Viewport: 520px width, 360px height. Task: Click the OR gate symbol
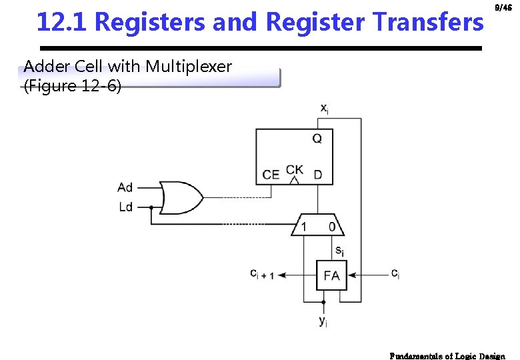point(181,197)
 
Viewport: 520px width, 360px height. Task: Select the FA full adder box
point(331,275)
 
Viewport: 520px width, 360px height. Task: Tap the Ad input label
point(125,187)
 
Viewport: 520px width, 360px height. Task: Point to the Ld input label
point(125,207)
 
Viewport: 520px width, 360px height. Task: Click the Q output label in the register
point(317,139)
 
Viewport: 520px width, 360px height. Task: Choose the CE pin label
point(271,175)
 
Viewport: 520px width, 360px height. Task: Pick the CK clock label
point(294,169)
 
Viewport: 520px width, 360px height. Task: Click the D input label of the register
point(317,175)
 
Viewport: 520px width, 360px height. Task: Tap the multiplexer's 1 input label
point(304,227)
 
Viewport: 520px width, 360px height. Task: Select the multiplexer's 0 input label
point(332,227)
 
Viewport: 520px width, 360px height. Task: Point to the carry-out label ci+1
point(262,273)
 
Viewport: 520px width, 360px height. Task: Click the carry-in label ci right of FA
point(395,273)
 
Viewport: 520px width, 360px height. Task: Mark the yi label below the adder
point(323,322)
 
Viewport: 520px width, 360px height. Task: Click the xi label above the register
point(323,108)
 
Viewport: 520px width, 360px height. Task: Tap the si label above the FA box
point(339,251)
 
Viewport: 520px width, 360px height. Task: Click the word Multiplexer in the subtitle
point(189,67)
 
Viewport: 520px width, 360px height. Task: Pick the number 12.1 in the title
point(62,23)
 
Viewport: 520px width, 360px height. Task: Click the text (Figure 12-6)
point(73,86)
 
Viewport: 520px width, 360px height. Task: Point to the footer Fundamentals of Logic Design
point(447,355)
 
